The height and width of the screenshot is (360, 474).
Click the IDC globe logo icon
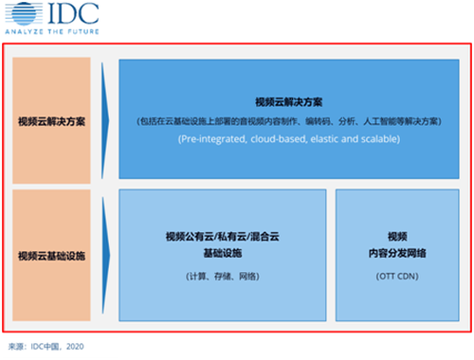[24, 14]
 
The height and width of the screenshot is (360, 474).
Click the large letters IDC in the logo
[73, 13]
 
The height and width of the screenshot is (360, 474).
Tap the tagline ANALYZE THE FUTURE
[52, 31]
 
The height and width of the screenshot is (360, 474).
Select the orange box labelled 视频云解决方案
[51, 120]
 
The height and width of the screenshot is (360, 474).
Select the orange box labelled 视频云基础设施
[51, 255]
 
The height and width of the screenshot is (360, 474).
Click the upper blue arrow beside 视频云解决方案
[105, 120]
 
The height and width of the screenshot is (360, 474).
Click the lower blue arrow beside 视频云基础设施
[106, 255]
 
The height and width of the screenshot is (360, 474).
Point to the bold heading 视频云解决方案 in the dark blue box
[289, 102]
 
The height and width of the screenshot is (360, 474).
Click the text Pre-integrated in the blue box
[212, 139]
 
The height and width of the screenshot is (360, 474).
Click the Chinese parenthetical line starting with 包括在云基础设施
[289, 121]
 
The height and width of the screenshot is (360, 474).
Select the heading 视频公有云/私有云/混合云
[223, 237]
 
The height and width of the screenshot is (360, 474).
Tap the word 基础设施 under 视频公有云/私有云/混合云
[223, 253]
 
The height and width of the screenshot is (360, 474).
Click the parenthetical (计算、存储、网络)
[223, 277]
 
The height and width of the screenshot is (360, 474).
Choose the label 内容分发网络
[397, 253]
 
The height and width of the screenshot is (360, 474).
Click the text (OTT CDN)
[397, 277]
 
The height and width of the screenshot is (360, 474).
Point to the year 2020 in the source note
[75, 347]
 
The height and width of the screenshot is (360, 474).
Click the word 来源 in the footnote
[16, 347]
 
